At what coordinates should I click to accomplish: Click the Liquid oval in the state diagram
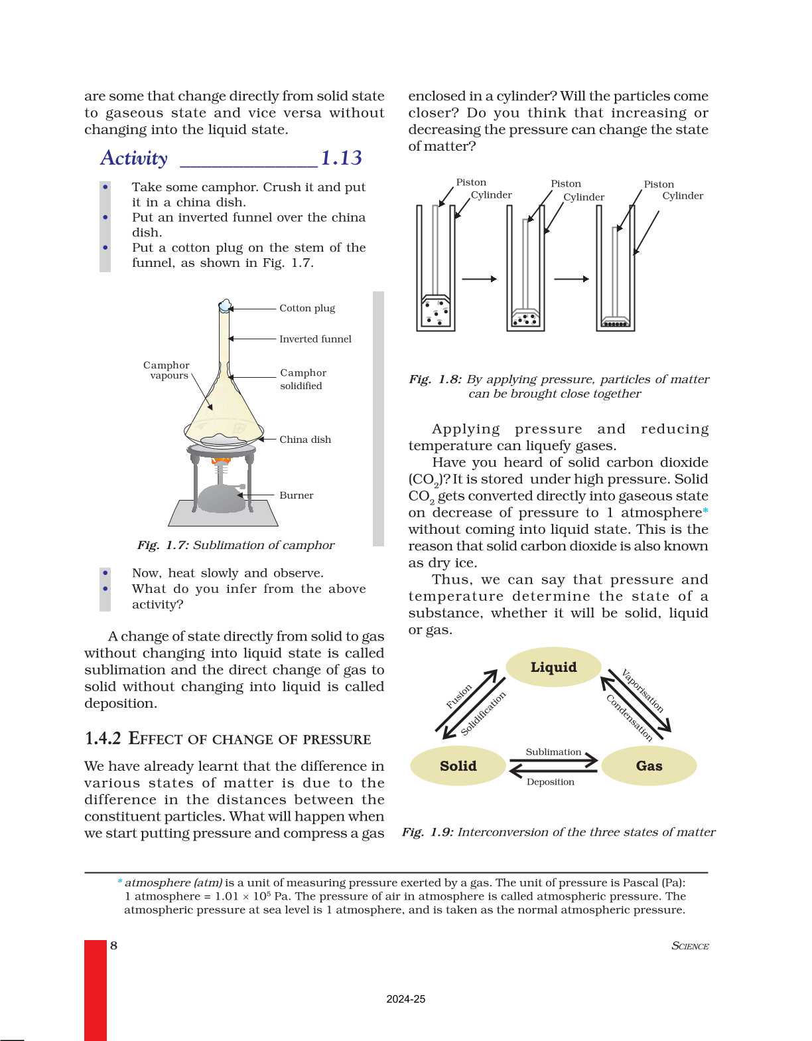[553, 667]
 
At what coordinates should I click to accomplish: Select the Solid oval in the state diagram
[458, 765]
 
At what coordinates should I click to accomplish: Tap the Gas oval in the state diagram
[649, 765]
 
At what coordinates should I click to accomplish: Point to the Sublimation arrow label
[553, 752]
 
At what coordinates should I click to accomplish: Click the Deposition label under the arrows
[551, 782]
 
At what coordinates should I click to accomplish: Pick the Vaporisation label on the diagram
[642, 691]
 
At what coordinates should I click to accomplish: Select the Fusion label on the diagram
[459, 696]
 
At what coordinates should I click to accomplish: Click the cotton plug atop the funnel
[225, 305]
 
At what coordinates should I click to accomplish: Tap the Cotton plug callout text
[307, 308]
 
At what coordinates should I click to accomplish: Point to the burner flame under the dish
[221, 459]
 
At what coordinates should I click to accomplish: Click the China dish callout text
[305, 440]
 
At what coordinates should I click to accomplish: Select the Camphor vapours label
[167, 370]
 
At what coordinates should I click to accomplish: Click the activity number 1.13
[342, 158]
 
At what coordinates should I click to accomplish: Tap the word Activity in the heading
[134, 158]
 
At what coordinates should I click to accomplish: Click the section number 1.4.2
[103, 738]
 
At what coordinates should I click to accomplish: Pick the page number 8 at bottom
[113, 945]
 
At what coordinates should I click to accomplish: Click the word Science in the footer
[690, 946]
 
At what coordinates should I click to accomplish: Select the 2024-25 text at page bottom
[405, 999]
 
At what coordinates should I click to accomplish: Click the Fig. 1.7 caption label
[163, 545]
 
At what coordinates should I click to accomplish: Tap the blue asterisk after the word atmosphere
[705, 511]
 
